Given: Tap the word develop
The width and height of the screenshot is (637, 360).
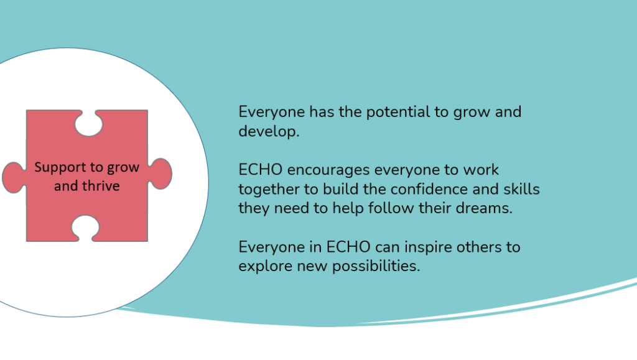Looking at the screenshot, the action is [x=269, y=131].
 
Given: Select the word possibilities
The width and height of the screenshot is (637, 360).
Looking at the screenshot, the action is [x=376, y=266].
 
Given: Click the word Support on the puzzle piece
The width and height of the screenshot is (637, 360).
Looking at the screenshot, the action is [x=60, y=168].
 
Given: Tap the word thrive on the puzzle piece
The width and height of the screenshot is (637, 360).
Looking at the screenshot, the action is [x=101, y=186].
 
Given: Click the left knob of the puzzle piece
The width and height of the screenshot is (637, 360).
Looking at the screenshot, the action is [x=14, y=177].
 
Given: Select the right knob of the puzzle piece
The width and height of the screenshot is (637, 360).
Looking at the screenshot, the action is [x=160, y=173].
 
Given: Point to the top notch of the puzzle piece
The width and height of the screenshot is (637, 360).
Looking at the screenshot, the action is [x=88, y=123].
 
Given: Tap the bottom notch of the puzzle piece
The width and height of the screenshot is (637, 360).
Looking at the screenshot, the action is [x=85, y=228].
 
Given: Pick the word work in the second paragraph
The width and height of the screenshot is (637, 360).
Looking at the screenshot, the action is [x=481, y=170].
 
